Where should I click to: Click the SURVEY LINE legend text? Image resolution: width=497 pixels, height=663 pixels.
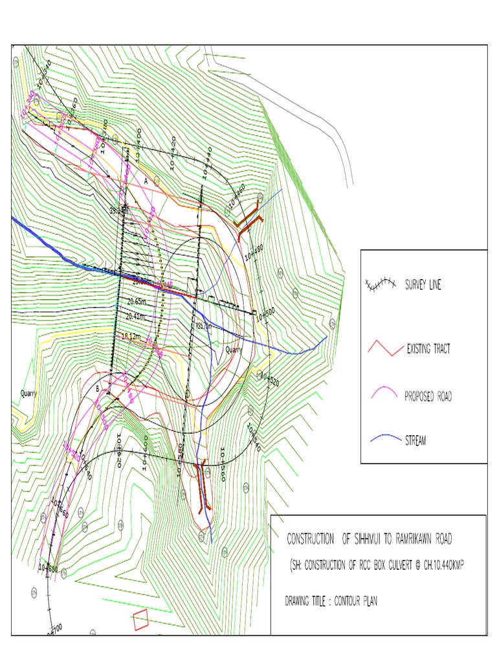tap(423, 286)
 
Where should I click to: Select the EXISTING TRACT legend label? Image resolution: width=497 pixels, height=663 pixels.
tap(428, 350)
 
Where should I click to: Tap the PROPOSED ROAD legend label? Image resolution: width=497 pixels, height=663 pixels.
tap(428, 396)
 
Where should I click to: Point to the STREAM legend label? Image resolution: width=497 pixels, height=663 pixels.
tap(415, 441)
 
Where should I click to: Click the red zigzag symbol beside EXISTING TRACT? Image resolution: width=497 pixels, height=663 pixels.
tap(382, 350)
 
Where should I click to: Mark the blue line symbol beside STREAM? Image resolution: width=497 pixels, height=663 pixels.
tap(382, 440)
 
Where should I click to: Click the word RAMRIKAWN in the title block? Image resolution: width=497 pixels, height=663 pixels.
tap(421, 539)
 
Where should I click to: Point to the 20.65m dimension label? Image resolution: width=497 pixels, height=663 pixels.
tap(137, 301)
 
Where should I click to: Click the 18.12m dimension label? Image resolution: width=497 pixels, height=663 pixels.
tap(131, 337)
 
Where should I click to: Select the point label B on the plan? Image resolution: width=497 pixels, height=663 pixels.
tap(98, 388)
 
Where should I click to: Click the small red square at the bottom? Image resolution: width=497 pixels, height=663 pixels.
tap(141, 619)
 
